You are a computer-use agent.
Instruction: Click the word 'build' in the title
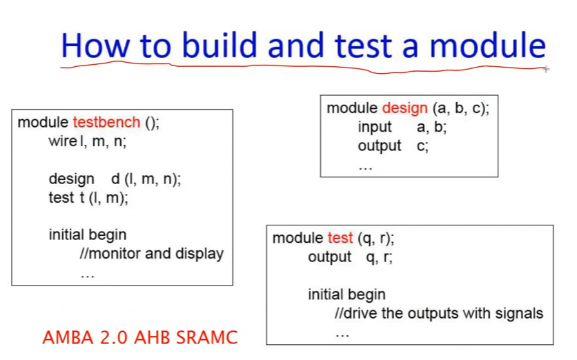click(219, 45)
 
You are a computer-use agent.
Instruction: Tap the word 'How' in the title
click(95, 46)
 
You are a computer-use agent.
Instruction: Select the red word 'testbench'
click(106, 122)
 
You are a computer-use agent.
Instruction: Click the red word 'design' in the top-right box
click(404, 109)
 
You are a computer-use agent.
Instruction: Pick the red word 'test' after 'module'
click(340, 238)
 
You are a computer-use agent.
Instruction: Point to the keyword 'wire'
click(63, 141)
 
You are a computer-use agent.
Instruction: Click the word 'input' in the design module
click(375, 127)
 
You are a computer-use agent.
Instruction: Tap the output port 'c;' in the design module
click(422, 146)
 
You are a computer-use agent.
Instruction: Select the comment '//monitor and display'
click(152, 254)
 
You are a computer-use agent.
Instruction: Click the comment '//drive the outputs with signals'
click(439, 313)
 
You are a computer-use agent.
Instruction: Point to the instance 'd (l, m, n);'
click(146, 179)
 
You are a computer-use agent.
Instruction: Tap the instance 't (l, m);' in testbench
click(104, 198)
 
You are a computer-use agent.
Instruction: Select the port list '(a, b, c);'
click(461, 109)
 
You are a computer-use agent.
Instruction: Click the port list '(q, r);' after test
click(375, 239)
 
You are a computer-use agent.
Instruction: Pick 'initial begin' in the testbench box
click(88, 235)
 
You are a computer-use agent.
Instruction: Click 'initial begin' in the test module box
click(346, 295)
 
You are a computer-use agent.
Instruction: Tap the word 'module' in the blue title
click(487, 45)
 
